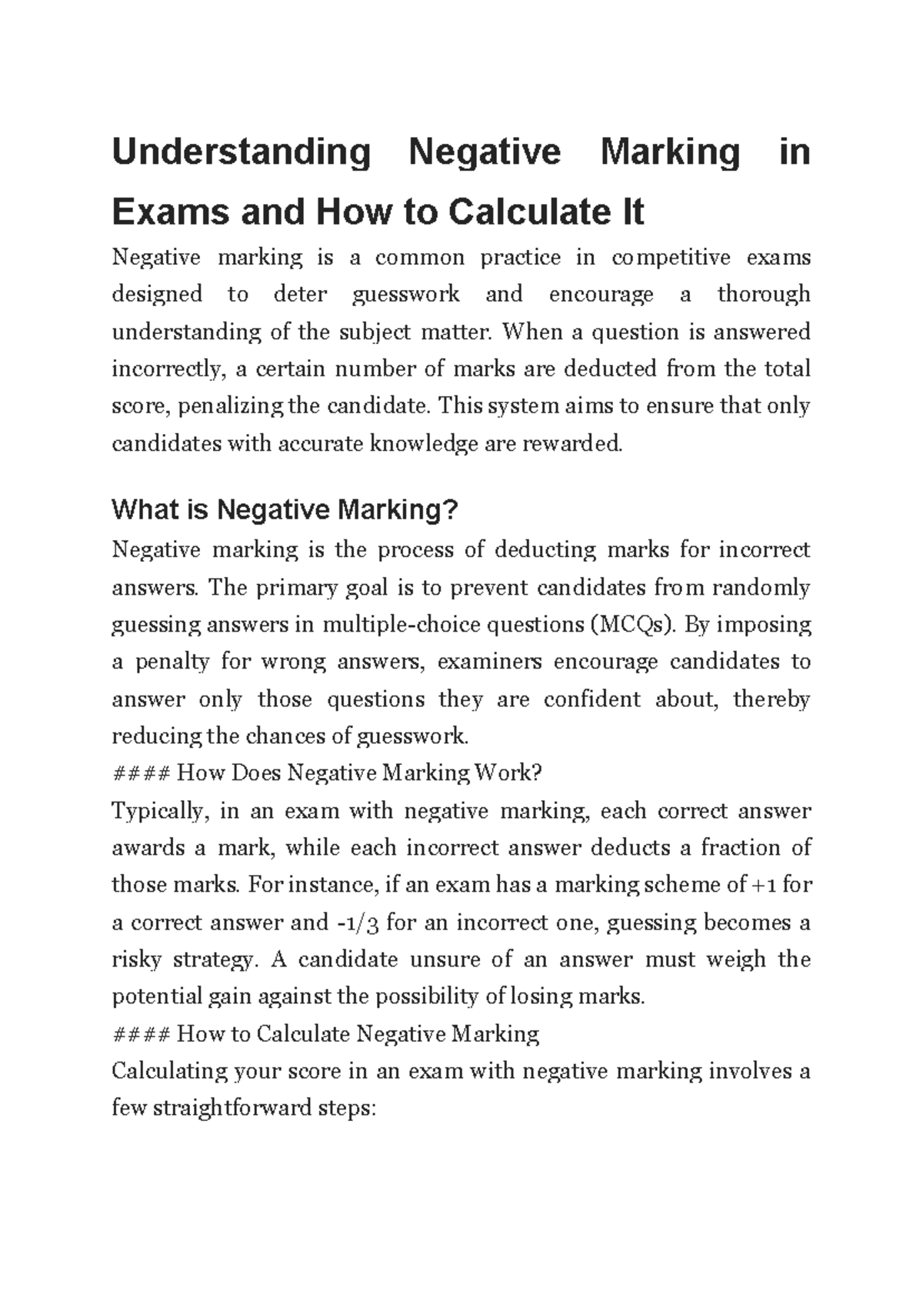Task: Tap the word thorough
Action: pos(763,294)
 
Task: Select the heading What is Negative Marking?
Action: pos(285,509)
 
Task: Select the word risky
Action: pos(137,960)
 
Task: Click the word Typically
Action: pos(158,811)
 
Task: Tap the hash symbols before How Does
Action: pos(141,773)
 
